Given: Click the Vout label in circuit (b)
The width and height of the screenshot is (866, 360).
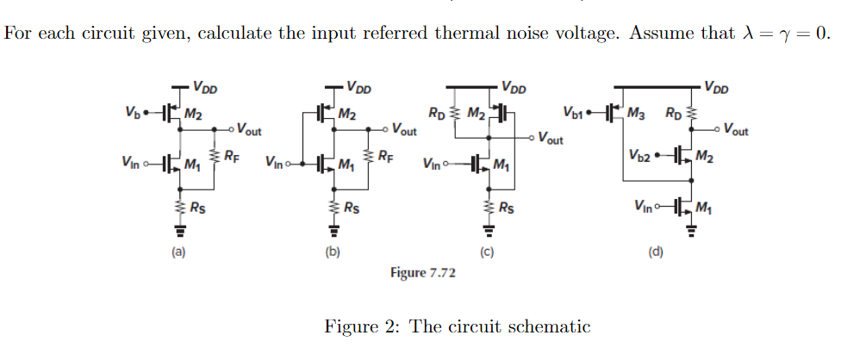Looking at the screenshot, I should point(404,131).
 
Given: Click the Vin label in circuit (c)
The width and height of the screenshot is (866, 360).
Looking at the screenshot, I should point(435,164).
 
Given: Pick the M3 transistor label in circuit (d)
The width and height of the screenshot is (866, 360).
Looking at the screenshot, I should point(636,112).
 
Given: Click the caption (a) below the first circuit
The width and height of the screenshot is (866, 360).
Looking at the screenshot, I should point(178,252).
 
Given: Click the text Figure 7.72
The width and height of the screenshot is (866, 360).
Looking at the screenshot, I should point(423,273).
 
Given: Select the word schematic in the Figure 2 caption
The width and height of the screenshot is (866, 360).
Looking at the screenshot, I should point(549,327).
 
